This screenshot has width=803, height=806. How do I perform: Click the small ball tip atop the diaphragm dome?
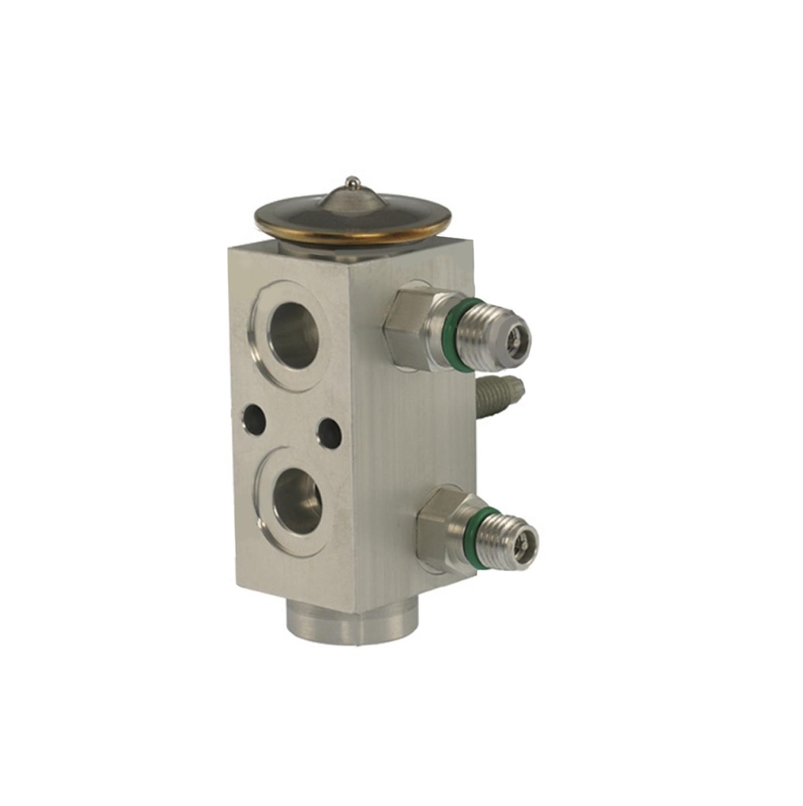tap(353, 182)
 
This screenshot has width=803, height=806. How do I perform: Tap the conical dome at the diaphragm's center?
tap(352, 200)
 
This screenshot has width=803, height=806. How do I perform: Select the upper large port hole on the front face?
tap(293, 335)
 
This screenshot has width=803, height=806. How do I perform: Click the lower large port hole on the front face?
tap(297, 501)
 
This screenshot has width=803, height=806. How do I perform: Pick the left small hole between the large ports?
tap(253, 420)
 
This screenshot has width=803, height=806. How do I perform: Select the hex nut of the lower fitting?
tap(440, 527)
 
